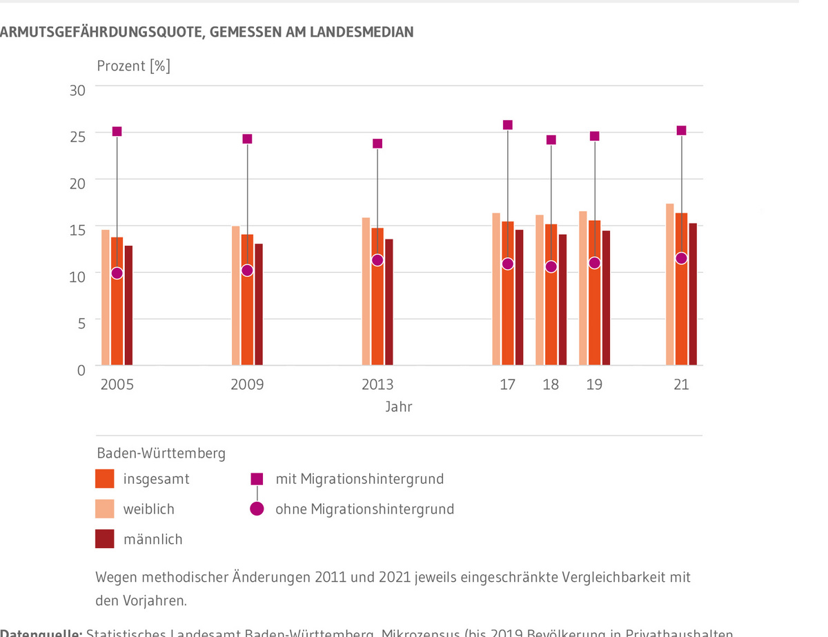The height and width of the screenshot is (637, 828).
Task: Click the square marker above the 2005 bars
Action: [x=117, y=132]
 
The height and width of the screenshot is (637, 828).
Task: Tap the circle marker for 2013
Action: [x=377, y=260]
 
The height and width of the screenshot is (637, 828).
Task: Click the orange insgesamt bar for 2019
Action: [x=594, y=311]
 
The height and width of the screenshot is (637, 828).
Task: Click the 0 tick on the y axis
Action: [x=81, y=370]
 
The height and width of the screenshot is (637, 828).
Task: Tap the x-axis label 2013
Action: [x=377, y=385]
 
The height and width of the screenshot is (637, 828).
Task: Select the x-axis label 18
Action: [x=551, y=385]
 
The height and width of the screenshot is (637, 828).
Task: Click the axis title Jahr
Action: [x=399, y=407]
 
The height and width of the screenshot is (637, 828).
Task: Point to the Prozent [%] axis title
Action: [x=133, y=66]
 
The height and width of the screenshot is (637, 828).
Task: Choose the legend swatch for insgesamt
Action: [x=104, y=479]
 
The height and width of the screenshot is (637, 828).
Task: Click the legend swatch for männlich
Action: [x=104, y=539]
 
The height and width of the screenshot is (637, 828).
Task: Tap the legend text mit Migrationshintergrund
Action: [x=359, y=479]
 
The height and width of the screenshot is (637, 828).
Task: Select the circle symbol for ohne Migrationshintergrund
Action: [x=257, y=509]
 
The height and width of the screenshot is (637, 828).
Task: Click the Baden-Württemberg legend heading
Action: [x=161, y=453]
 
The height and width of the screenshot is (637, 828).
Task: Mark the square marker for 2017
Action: [x=508, y=125]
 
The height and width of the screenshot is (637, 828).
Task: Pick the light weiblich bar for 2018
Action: [x=540, y=290]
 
